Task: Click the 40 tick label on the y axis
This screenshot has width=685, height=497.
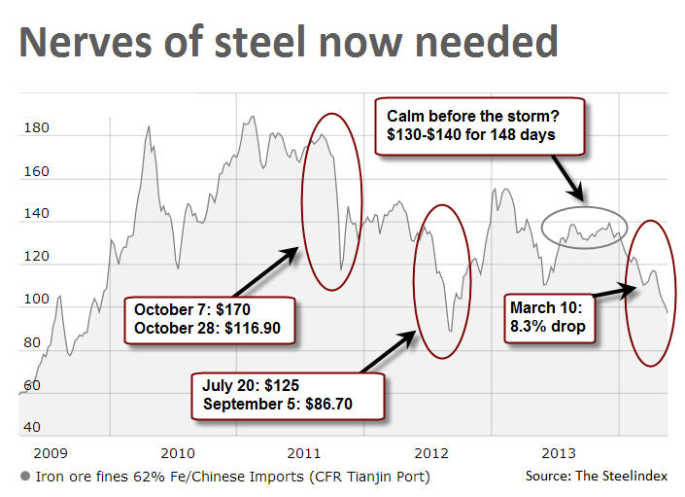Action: (32, 428)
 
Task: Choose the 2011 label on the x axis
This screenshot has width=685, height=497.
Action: (304, 453)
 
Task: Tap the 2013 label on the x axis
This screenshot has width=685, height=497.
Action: (559, 453)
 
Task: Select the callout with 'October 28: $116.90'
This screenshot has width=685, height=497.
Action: (207, 319)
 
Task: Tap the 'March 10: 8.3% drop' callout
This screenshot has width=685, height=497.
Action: (550, 316)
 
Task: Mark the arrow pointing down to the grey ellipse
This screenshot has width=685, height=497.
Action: (568, 179)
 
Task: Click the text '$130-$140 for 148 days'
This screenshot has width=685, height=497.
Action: (472, 134)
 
